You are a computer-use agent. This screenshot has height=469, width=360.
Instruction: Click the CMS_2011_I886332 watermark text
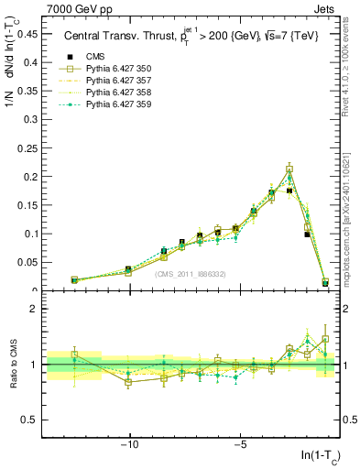click(x=190, y=274)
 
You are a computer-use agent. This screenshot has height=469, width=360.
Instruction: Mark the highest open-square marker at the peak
click(x=289, y=169)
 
